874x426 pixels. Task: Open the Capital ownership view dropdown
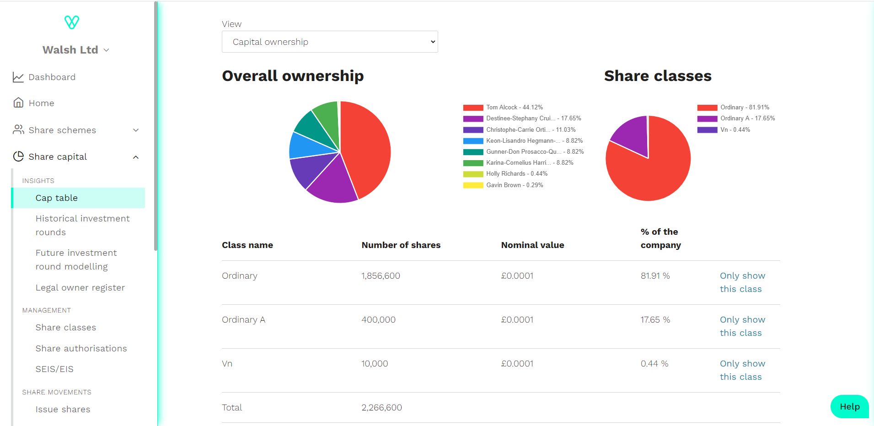[329, 42]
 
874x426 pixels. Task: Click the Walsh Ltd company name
[70, 50]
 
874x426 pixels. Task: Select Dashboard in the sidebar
[52, 77]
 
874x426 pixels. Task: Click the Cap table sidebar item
[57, 198]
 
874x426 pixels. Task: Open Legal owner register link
[80, 288]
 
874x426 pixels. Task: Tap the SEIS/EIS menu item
[54, 369]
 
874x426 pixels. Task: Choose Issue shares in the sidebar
[63, 410]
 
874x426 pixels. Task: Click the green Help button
[849, 407]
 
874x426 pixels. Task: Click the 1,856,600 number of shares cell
[381, 276]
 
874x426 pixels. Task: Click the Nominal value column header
[532, 245]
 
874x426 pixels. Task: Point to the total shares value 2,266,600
[381, 408]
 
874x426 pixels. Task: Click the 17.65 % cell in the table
[655, 320]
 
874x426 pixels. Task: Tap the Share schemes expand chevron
[136, 130]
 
